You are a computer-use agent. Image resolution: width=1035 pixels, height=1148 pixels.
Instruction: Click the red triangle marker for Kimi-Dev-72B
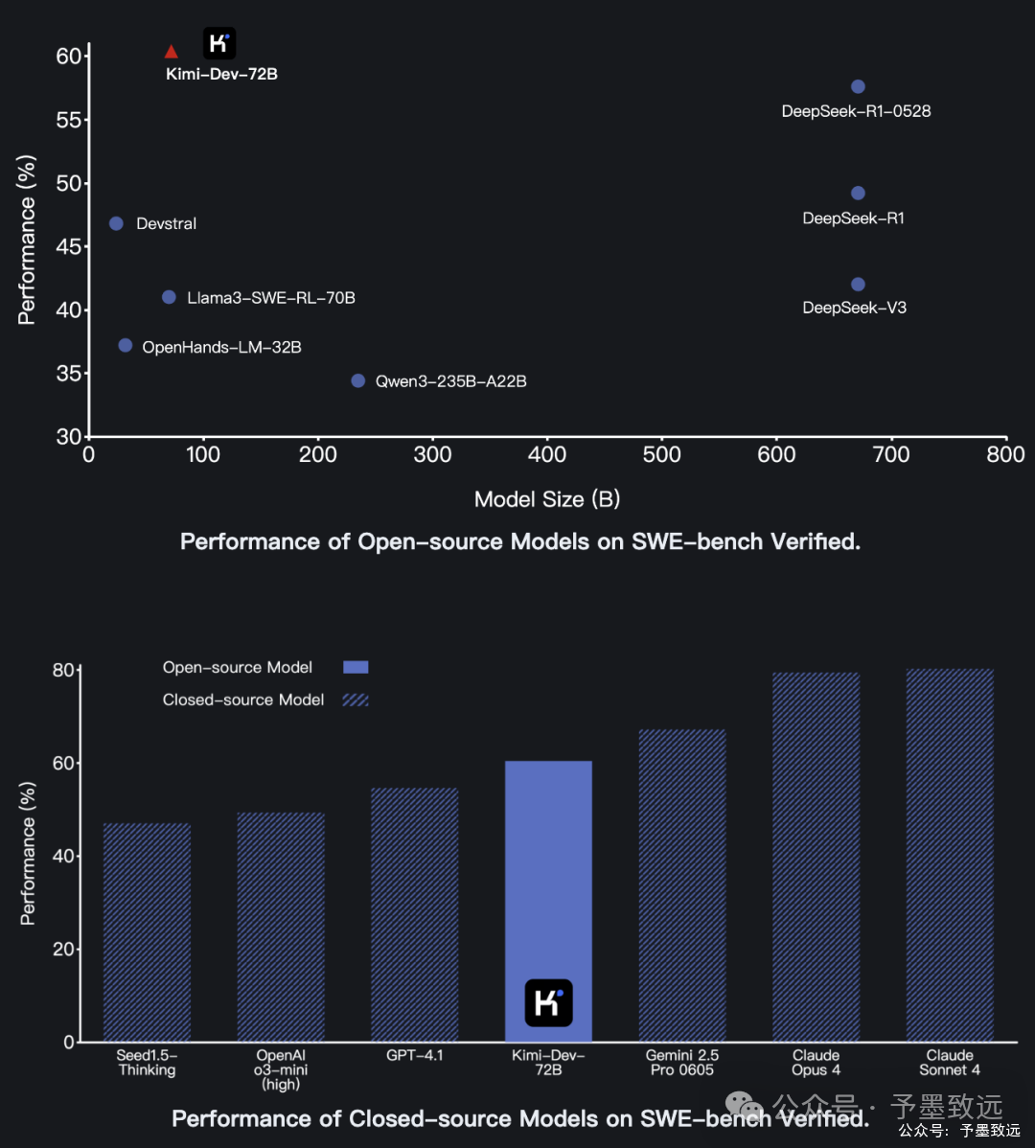(x=172, y=52)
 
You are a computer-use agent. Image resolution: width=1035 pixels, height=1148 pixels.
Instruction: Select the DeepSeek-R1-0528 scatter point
(x=858, y=87)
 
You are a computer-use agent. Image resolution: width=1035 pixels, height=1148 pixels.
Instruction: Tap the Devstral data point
(x=116, y=223)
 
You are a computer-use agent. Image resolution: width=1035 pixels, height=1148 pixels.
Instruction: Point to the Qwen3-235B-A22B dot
(x=358, y=380)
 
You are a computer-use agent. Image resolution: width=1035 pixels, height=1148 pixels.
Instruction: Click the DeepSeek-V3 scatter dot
(x=858, y=285)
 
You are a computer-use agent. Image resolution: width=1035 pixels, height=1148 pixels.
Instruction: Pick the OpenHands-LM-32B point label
(x=221, y=347)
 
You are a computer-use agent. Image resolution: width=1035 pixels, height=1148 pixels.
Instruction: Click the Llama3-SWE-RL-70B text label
(x=271, y=298)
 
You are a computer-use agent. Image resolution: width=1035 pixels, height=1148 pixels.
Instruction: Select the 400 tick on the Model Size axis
(x=547, y=455)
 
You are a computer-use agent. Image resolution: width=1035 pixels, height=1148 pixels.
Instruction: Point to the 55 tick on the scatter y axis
(x=69, y=120)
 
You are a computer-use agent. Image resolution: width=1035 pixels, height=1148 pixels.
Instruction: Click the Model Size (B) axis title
(x=547, y=499)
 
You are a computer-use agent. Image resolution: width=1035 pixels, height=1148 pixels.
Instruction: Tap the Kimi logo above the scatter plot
(x=219, y=43)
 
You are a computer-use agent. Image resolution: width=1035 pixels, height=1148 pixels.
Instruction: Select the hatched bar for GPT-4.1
(x=415, y=915)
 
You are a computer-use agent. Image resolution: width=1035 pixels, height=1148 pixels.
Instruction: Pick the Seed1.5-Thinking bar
(x=147, y=932)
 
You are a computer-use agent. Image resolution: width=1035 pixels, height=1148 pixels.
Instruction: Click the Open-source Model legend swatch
(x=356, y=667)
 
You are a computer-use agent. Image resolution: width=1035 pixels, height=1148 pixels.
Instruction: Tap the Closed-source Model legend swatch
(x=356, y=700)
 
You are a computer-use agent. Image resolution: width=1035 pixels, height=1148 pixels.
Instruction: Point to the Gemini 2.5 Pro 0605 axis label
(x=682, y=1063)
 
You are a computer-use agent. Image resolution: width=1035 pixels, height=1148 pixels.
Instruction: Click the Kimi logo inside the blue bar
(x=548, y=1002)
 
